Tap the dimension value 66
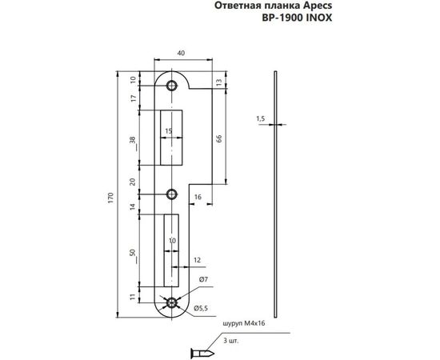(x=219, y=138)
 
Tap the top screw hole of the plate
(x=171, y=84)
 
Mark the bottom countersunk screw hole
(x=171, y=303)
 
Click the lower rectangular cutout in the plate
(x=171, y=251)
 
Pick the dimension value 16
(x=197, y=195)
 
